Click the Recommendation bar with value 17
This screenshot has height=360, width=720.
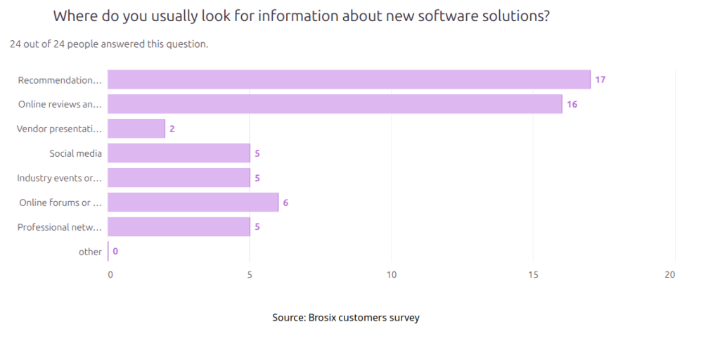[x=349, y=79]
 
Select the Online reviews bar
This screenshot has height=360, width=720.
[x=335, y=104]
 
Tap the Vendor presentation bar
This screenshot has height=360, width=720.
[x=136, y=129]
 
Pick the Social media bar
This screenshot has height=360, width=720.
[x=179, y=153]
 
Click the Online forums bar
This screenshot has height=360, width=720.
[x=193, y=202]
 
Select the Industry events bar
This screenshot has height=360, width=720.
[x=179, y=178]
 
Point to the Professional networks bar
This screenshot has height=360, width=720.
[x=179, y=227]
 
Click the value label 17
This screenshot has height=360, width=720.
[x=600, y=79]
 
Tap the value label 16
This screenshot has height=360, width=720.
[x=572, y=104]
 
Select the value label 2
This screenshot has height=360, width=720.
[x=172, y=129]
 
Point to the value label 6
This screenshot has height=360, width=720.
[x=285, y=202]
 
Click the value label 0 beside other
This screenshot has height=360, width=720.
[x=115, y=252]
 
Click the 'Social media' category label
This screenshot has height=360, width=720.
[x=75, y=153]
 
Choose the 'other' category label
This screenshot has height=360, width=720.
[x=90, y=252]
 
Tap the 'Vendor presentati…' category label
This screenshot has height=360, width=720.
[x=60, y=129]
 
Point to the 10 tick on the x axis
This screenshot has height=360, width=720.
[x=391, y=275]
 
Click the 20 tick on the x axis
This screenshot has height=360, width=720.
[x=669, y=275]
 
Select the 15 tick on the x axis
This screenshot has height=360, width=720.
[x=534, y=275]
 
